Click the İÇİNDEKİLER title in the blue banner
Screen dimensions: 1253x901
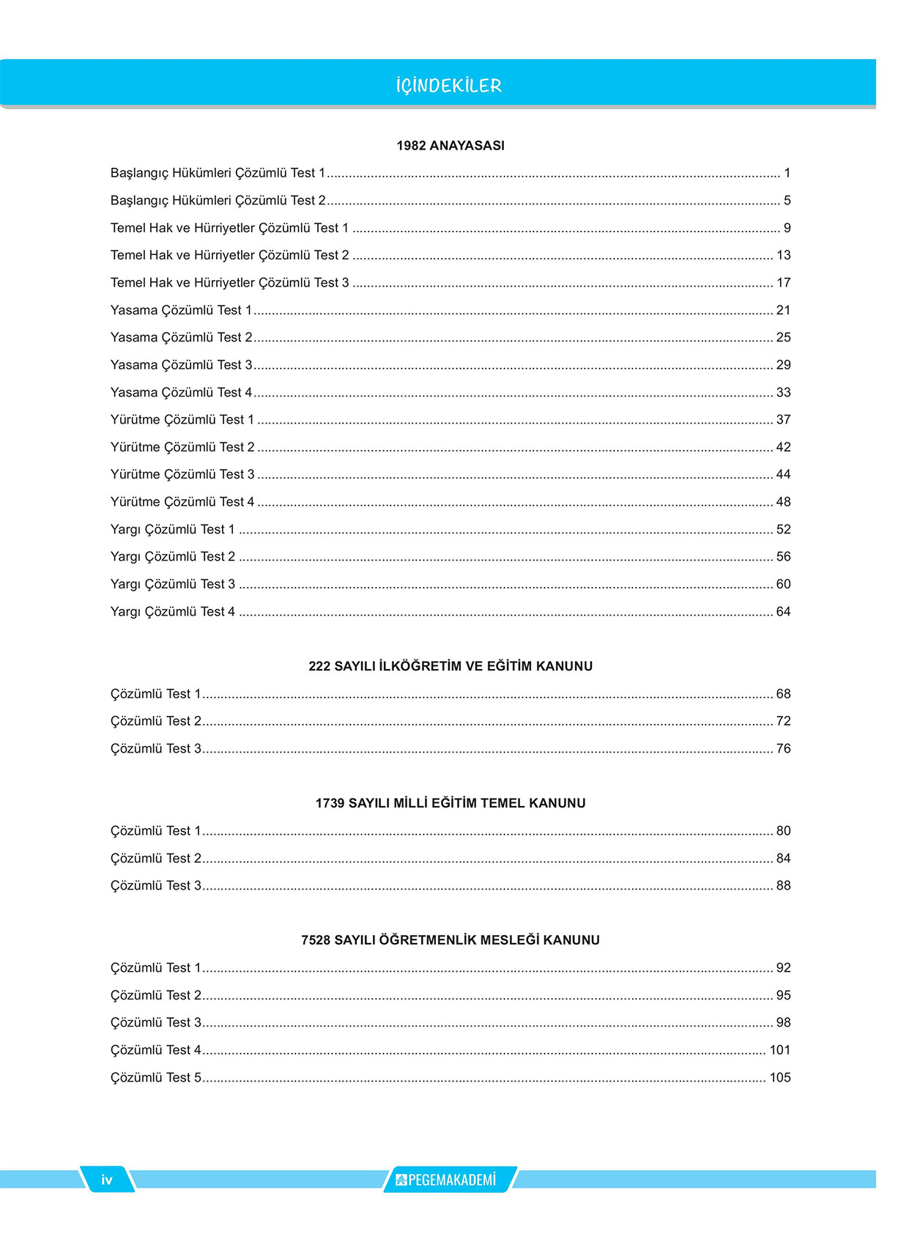coord(449,86)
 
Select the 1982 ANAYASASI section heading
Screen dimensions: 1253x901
coord(450,146)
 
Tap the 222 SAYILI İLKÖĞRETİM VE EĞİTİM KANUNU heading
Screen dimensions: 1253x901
coord(450,666)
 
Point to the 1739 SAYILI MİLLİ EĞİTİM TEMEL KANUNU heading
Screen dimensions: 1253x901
coord(450,803)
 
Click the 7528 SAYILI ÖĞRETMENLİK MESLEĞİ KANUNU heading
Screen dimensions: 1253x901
coord(450,940)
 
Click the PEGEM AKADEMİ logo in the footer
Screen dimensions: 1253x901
coord(448,1180)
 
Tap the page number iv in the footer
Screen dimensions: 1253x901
coord(107,1180)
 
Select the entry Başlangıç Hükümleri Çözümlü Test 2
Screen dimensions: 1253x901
coord(218,201)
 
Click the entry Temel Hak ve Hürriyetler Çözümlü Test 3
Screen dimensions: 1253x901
coord(229,283)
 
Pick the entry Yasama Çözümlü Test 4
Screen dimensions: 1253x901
coord(181,393)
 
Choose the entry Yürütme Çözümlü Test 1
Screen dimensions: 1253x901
coord(182,420)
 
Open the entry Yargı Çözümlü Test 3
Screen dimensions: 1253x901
coord(173,584)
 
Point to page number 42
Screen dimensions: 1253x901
coord(783,447)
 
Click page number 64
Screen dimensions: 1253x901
coord(783,612)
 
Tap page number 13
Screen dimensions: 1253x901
coord(783,256)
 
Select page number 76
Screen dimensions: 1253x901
coord(783,749)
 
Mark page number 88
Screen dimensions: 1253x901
coord(783,886)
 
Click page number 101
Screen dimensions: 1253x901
coord(780,1050)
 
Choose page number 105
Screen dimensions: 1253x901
coord(780,1078)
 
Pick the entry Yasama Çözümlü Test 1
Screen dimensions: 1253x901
coord(181,311)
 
